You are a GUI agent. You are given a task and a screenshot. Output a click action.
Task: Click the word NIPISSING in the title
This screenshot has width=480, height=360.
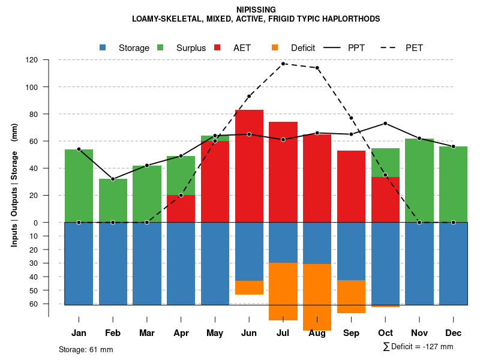(x=239, y=10)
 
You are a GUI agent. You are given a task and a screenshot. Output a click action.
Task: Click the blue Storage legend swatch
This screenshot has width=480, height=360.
(x=103, y=47)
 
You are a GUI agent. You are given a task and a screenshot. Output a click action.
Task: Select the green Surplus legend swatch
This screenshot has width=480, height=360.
(x=161, y=47)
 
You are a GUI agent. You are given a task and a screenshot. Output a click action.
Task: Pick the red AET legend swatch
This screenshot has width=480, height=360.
(x=218, y=47)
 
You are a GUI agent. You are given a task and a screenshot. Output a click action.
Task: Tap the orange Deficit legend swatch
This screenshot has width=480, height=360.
(x=275, y=47)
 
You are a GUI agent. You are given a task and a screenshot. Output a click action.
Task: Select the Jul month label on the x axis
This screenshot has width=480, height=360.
(x=283, y=333)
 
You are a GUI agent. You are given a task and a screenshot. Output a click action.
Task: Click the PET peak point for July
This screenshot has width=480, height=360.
(x=283, y=64)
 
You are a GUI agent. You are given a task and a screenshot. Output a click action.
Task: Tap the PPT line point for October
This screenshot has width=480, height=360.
(x=385, y=124)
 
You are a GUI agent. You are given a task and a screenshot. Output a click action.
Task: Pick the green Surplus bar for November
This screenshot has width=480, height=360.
(x=419, y=180)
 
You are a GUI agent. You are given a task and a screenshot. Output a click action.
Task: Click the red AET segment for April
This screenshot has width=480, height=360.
(x=181, y=208)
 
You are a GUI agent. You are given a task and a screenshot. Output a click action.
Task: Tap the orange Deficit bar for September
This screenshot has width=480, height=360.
(x=351, y=296)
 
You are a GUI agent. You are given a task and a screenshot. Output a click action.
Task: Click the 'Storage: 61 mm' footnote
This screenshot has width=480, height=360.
(x=86, y=349)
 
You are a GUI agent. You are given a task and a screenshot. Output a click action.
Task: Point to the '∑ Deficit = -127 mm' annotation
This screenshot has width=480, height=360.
(x=418, y=347)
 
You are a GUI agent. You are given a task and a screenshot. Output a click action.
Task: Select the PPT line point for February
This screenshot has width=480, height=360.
(x=113, y=179)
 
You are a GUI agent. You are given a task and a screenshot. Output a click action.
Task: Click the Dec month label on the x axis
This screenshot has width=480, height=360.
(x=454, y=333)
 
